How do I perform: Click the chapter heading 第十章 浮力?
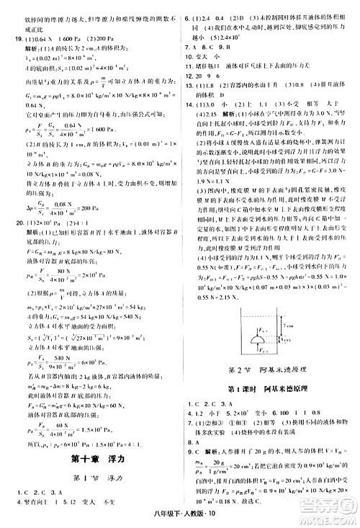[x=86, y=437]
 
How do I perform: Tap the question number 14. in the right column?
[x=188, y=106]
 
